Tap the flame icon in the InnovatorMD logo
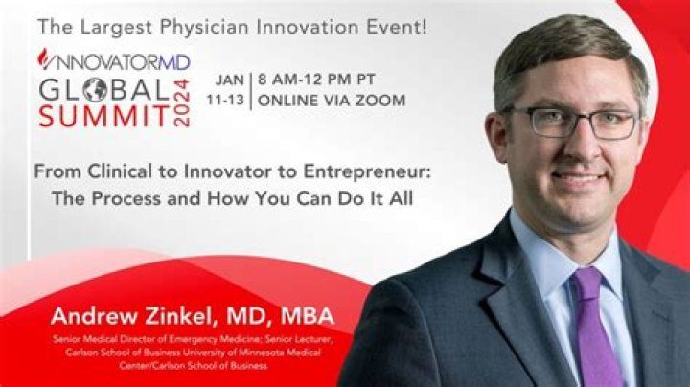point(42,59)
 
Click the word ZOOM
point(380,101)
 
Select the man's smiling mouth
point(579,178)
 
